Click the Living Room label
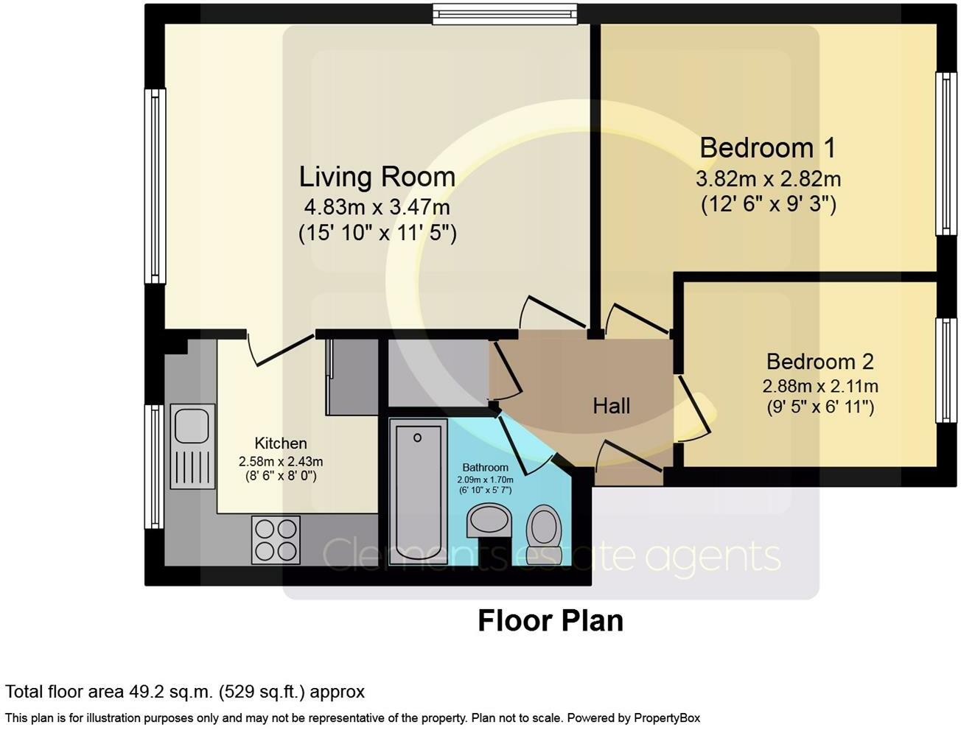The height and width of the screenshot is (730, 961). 377,177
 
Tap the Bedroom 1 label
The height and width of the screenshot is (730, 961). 768,147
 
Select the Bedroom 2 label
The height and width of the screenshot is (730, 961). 820,362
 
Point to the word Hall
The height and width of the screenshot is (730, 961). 611,406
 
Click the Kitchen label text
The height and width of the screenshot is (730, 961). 281,443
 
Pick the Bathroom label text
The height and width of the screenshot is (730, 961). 485,468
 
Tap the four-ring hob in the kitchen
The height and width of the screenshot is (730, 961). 276,540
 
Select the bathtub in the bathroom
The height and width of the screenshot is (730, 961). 418,492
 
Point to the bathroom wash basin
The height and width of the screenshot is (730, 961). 488,521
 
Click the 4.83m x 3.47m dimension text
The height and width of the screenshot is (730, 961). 377,207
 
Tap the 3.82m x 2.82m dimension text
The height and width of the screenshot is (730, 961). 769,179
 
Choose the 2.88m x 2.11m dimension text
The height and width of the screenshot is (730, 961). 820,387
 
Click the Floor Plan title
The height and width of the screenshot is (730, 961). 551,620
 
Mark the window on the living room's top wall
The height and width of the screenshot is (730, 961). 506,14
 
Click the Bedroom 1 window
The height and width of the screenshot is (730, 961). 946,154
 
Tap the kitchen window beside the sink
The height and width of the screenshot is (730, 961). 155,466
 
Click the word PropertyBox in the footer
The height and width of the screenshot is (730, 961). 667,718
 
